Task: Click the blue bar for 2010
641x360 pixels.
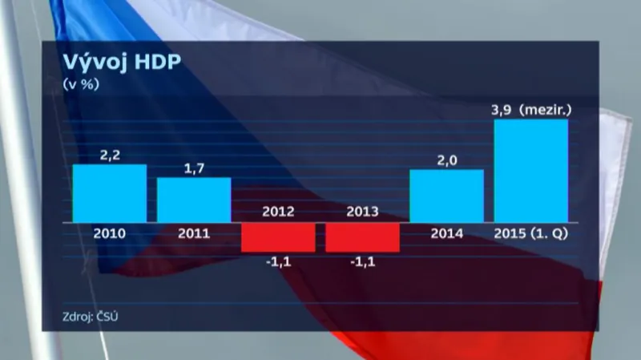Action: pos(110,193)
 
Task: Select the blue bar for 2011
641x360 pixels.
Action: pos(194,200)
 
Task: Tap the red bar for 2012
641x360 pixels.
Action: pos(278,237)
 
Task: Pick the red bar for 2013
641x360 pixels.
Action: pos(362,237)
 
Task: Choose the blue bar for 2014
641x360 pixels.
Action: pos(446,196)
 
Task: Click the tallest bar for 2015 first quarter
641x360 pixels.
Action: pos(531,171)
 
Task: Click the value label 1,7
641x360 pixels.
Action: pos(194,168)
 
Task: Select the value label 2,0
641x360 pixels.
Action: pos(446,160)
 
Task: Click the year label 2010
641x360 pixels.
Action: pos(110,233)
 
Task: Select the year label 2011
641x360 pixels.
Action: pos(194,233)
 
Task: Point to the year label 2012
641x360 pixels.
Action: pos(278,212)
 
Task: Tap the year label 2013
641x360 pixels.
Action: pos(362,212)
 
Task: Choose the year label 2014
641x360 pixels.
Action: pos(446,233)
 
